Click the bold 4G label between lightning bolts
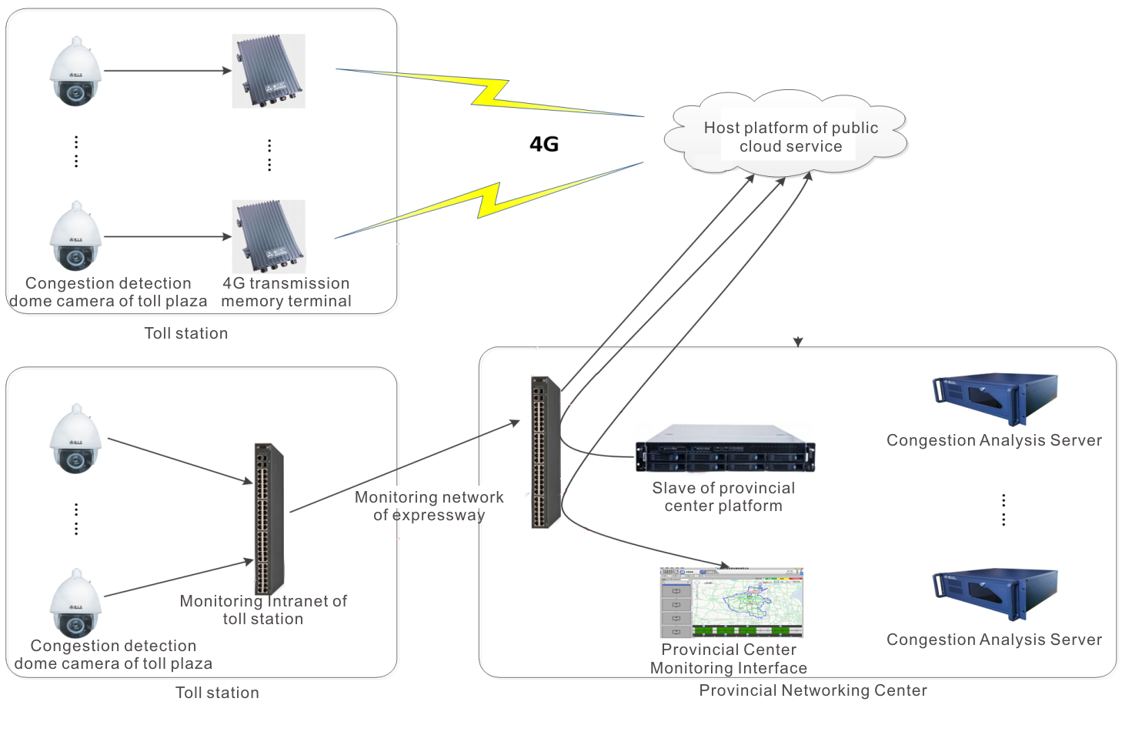[x=543, y=144]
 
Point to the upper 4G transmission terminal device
[x=269, y=71]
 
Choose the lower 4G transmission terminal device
[x=269, y=236]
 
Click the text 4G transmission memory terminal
[x=286, y=292]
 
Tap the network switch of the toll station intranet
[x=269, y=518]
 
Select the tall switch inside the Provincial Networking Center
[x=545, y=452]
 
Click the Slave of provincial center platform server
[x=724, y=448]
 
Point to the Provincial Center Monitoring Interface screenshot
[x=731, y=603]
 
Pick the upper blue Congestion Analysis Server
[x=994, y=399]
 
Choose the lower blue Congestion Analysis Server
[x=994, y=594]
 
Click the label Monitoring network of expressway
[x=429, y=506]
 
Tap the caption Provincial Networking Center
[x=813, y=690]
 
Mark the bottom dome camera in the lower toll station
[x=75, y=602]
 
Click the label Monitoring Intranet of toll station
[x=263, y=610]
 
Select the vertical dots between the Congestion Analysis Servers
[x=1003, y=509]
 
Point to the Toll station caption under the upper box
[x=186, y=333]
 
